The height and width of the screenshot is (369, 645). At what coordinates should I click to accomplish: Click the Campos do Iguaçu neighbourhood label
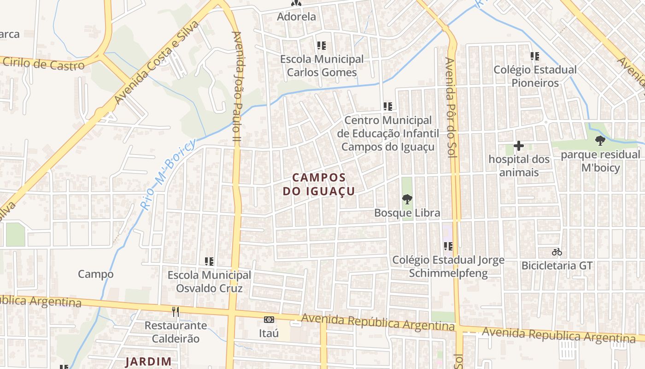point(319,184)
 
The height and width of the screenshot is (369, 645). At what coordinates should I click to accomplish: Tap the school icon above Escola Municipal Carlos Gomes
point(322,46)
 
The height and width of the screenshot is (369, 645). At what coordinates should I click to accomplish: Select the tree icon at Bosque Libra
point(407,199)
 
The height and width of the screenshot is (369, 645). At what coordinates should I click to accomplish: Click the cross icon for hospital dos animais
point(519,146)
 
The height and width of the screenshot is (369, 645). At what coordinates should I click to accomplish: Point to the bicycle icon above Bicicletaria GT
point(557,252)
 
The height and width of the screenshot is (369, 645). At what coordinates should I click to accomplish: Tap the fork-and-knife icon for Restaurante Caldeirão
point(176,312)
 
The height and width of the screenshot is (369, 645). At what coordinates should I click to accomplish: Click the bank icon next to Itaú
point(269,319)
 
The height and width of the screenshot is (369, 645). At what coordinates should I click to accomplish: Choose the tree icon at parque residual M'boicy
point(600,141)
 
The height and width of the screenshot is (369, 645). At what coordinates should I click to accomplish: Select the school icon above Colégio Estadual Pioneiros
point(535,56)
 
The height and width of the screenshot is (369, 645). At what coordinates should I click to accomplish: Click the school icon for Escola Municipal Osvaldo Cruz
point(209,262)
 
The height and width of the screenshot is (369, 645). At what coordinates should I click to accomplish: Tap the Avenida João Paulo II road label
point(238,87)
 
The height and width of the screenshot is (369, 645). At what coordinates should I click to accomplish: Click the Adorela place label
point(296,17)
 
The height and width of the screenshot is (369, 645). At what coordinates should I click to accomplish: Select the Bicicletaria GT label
point(557,266)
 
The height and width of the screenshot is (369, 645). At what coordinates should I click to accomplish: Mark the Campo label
point(96,274)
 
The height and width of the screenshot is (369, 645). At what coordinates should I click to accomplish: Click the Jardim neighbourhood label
point(148,362)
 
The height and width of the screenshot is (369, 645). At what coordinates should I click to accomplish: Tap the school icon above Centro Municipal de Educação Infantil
point(388,107)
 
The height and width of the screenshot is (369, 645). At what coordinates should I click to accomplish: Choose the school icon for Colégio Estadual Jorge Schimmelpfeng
point(448,246)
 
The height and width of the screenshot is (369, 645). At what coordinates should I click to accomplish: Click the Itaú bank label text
point(269,333)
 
